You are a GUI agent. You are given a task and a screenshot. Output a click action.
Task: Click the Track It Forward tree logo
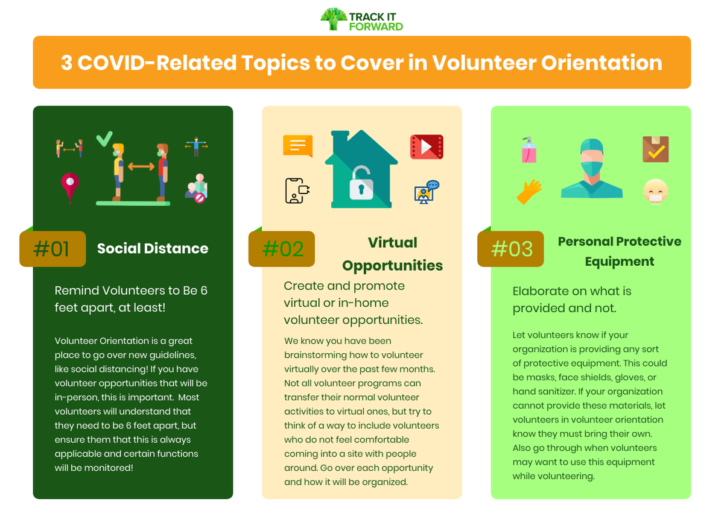pyautogui.click(x=334, y=19)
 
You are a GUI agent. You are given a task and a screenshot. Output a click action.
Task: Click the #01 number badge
pyautogui.click(x=52, y=249)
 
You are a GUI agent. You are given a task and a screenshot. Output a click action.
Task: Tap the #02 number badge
pyautogui.click(x=282, y=249)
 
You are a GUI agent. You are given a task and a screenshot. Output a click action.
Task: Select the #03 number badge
pyautogui.click(x=510, y=249)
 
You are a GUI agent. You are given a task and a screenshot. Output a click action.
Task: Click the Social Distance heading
pyautogui.click(x=153, y=248)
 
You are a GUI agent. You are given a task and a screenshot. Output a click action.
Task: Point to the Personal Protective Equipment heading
pyautogui.click(x=619, y=251)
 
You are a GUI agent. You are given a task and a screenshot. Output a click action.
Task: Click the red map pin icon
pyautogui.click(x=70, y=186)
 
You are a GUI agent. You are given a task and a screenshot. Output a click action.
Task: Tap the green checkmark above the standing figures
pyautogui.click(x=104, y=138)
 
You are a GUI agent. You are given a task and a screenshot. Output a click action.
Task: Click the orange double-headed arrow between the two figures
pyautogui.click(x=141, y=166)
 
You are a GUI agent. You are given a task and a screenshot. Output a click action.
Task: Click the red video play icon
pyautogui.click(x=427, y=147)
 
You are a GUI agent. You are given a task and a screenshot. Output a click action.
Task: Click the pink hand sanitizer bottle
pyautogui.click(x=529, y=151)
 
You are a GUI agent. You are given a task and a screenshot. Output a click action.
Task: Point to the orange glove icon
pyautogui.click(x=529, y=192)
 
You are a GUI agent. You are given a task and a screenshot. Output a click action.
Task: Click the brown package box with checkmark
pyautogui.click(x=655, y=149)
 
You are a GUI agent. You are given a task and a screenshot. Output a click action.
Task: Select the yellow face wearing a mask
pyautogui.click(x=655, y=192)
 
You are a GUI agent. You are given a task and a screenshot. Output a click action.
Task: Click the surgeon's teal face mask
pyautogui.click(x=591, y=167)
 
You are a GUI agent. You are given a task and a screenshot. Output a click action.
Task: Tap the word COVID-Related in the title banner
pyautogui.click(x=159, y=63)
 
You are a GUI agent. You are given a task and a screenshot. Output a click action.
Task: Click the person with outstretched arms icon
pyautogui.click(x=196, y=146)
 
